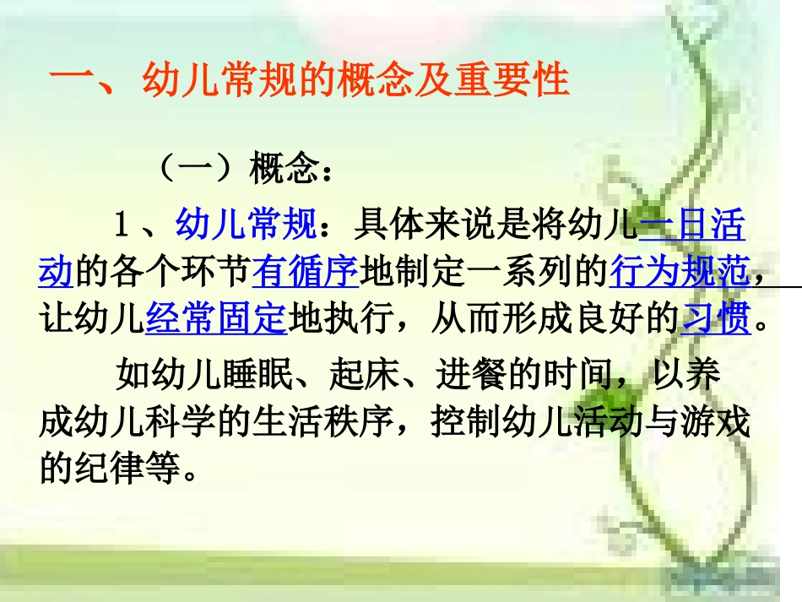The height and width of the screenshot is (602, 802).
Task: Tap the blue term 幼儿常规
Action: pyautogui.click(x=246, y=225)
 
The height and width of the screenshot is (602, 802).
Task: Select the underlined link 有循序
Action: pyautogui.click(x=305, y=272)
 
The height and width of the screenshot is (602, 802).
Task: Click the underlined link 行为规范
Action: pyautogui.click(x=679, y=272)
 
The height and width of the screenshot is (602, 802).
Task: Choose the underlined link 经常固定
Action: pyautogui.click(x=217, y=319)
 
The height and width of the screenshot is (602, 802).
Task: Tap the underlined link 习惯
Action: pyautogui.click(x=715, y=319)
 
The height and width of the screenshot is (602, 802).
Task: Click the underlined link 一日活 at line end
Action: pyautogui.click(x=692, y=225)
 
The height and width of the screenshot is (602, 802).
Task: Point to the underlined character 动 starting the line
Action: pyautogui.click(x=57, y=272)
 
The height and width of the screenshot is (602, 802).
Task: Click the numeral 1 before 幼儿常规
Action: pyautogui.click(x=122, y=225)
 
